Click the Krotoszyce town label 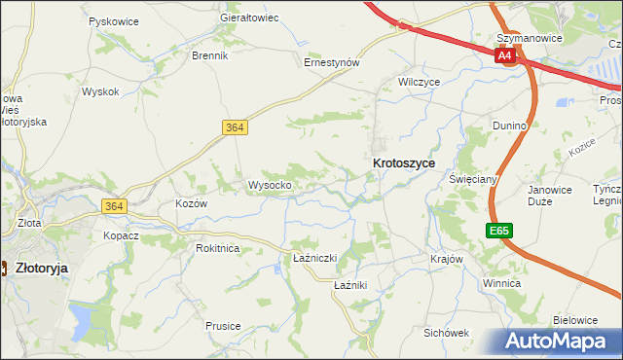403,164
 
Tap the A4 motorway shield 504,56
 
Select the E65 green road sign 499,231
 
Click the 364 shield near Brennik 234,127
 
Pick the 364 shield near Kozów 114,205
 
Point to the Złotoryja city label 47,268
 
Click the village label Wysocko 270,185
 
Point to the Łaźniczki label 314,258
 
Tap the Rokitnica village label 217,248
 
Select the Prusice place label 223,326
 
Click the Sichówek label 447,332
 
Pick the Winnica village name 501,282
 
